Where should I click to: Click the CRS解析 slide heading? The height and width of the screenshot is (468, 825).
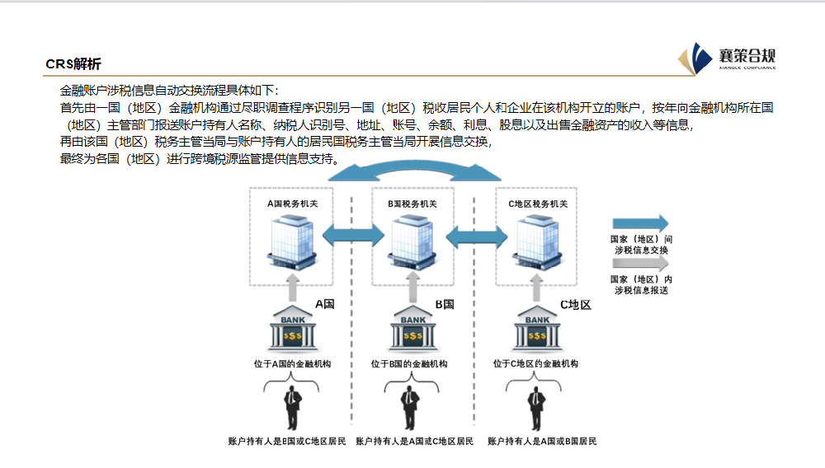73,64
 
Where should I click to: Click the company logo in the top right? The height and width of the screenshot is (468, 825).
727,58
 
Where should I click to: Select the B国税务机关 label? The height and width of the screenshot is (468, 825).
412,204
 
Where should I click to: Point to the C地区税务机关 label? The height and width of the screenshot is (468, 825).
536,204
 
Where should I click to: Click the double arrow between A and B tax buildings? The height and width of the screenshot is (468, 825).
351,235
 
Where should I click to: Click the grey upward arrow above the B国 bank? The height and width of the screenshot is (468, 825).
413,289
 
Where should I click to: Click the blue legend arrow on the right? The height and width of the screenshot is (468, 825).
640,223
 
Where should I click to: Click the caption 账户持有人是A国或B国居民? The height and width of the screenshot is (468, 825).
541,442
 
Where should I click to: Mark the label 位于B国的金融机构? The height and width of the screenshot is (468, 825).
409,363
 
